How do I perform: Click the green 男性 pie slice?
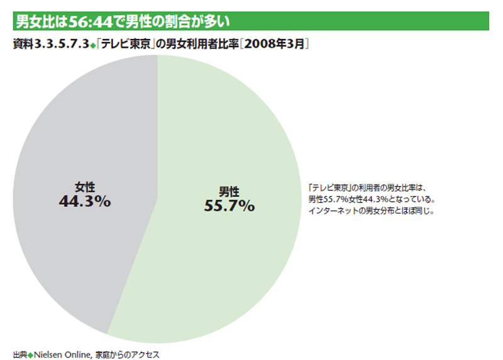click(233, 264)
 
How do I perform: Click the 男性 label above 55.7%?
click(229, 190)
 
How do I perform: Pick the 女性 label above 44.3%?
click(85, 187)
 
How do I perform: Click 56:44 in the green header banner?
click(91, 21)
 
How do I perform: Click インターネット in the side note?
click(337, 210)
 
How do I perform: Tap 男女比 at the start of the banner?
click(33, 21)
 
